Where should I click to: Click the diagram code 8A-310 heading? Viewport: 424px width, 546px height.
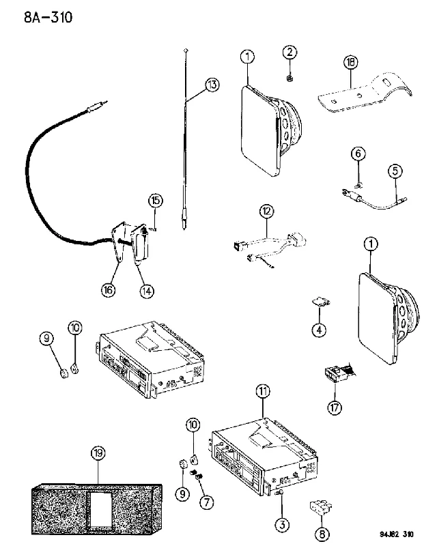48,16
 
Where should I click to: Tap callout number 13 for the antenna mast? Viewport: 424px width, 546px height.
212,85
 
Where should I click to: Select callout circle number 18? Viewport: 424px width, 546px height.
351,62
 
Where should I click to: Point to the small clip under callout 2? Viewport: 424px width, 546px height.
289,78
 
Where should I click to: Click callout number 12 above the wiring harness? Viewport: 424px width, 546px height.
266,211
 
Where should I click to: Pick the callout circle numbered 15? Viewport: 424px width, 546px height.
156,201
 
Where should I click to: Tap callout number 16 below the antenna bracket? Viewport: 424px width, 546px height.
109,289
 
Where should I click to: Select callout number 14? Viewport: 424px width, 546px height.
147,291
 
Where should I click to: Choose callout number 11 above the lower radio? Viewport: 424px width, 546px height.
263,391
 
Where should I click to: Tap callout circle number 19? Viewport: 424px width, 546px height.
98,453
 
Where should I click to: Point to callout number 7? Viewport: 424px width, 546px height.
206,502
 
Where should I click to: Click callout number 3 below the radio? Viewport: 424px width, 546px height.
282,524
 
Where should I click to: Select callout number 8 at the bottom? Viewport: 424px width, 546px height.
322,534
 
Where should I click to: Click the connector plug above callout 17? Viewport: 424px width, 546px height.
339,373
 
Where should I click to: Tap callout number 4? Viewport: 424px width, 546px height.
319,329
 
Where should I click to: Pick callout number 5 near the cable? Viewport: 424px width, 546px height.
395,171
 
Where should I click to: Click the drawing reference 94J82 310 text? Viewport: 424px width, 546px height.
397,534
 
